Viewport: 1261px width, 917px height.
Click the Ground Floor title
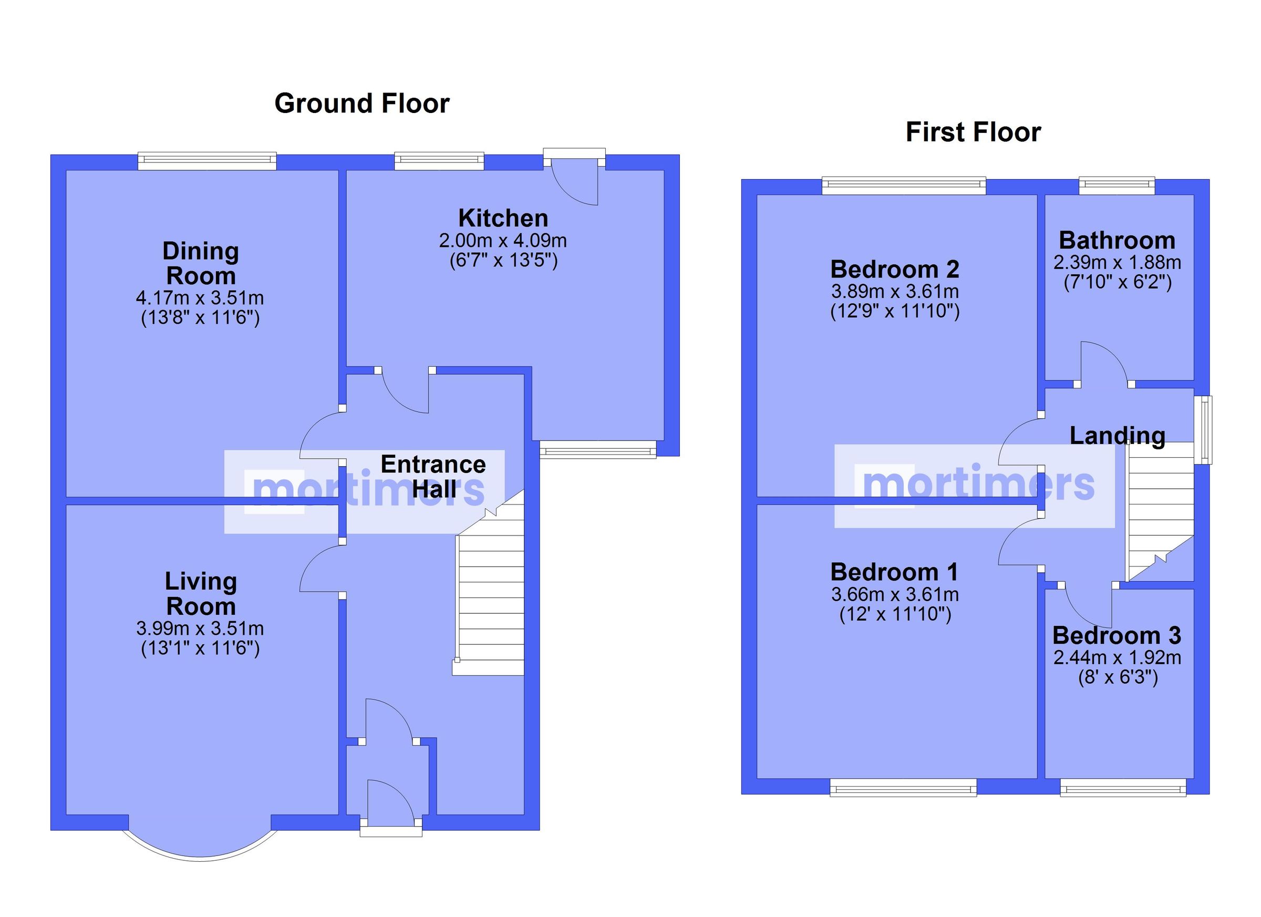pyautogui.click(x=361, y=104)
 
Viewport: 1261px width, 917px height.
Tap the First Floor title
pyautogui.click(x=973, y=132)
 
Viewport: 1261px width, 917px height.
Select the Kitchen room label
pyautogui.click(x=503, y=219)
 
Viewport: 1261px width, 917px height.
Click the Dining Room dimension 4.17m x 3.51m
pyautogui.click(x=200, y=298)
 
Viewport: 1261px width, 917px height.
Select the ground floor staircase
pyautogui.click(x=490, y=601)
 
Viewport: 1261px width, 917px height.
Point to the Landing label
pyautogui.click(x=1117, y=436)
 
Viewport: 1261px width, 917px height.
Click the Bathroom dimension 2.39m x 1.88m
pyautogui.click(x=1117, y=262)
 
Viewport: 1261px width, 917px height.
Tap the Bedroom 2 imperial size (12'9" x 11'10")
pyautogui.click(x=895, y=311)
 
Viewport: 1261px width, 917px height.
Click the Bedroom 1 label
pyautogui.click(x=894, y=572)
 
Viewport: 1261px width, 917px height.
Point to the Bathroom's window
pyautogui.click(x=1117, y=187)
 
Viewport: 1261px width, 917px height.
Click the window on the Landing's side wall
pyautogui.click(x=1205, y=429)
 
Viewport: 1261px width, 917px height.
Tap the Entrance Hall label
pyautogui.click(x=433, y=477)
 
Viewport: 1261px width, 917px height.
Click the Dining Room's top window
pyautogui.click(x=207, y=162)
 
